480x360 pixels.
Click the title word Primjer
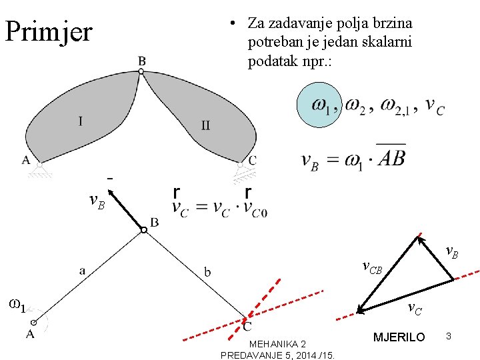point(48,31)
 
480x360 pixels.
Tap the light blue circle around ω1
point(319,105)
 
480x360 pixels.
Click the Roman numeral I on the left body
point(81,121)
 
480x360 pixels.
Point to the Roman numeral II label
point(205,125)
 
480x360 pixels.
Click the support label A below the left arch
point(25,160)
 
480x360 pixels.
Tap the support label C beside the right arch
point(251,161)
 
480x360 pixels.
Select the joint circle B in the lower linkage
point(143,230)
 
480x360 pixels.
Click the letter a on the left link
point(82,270)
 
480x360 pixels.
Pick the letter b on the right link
point(208,271)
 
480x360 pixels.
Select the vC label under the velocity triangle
point(414,308)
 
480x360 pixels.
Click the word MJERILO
point(399,337)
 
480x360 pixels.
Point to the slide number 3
point(449,337)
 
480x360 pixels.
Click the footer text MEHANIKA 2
point(277,343)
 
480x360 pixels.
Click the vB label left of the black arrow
point(97,200)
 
